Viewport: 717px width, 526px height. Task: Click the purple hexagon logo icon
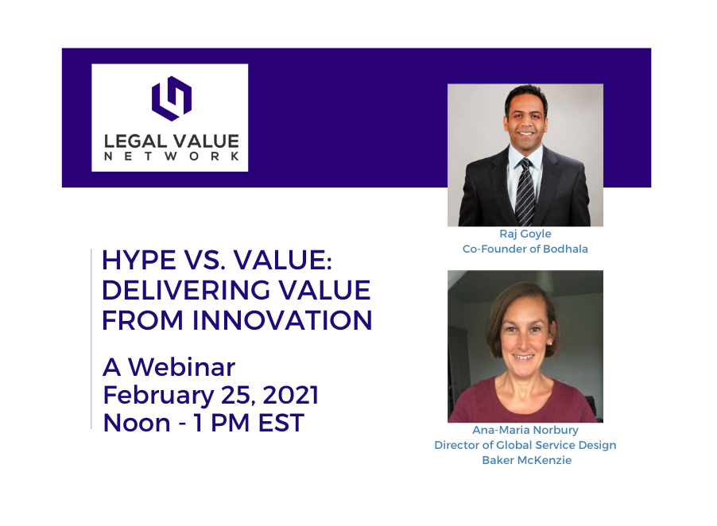[x=172, y=99]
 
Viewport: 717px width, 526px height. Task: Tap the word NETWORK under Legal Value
[x=172, y=157]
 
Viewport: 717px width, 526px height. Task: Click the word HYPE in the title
[x=138, y=261]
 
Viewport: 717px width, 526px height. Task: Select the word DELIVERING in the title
[x=186, y=290]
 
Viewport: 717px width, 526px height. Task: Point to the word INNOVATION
[x=282, y=320]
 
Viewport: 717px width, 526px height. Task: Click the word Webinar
[x=181, y=367]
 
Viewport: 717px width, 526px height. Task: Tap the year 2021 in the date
[x=291, y=395]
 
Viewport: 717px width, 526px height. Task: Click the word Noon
[x=137, y=423]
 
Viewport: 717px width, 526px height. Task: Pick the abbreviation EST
[x=281, y=423]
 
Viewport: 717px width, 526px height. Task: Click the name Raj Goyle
[x=525, y=234]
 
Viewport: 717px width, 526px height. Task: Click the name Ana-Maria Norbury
[x=525, y=430]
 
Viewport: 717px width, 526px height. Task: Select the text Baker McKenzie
[x=526, y=460]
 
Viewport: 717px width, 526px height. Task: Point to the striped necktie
[x=525, y=191]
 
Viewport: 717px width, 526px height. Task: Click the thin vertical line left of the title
[x=91, y=338]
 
